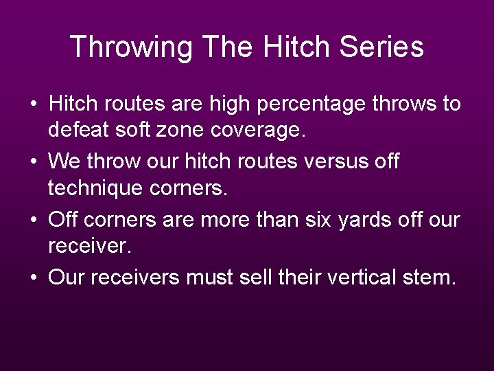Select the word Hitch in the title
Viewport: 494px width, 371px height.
click(x=296, y=47)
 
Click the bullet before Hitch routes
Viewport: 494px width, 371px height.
click(x=34, y=105)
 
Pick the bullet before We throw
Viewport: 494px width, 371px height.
click(x=34, y=163)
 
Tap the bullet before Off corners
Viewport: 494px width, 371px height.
click(x=34, y=221)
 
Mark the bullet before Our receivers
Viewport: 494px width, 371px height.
click(x=34, y=278)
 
